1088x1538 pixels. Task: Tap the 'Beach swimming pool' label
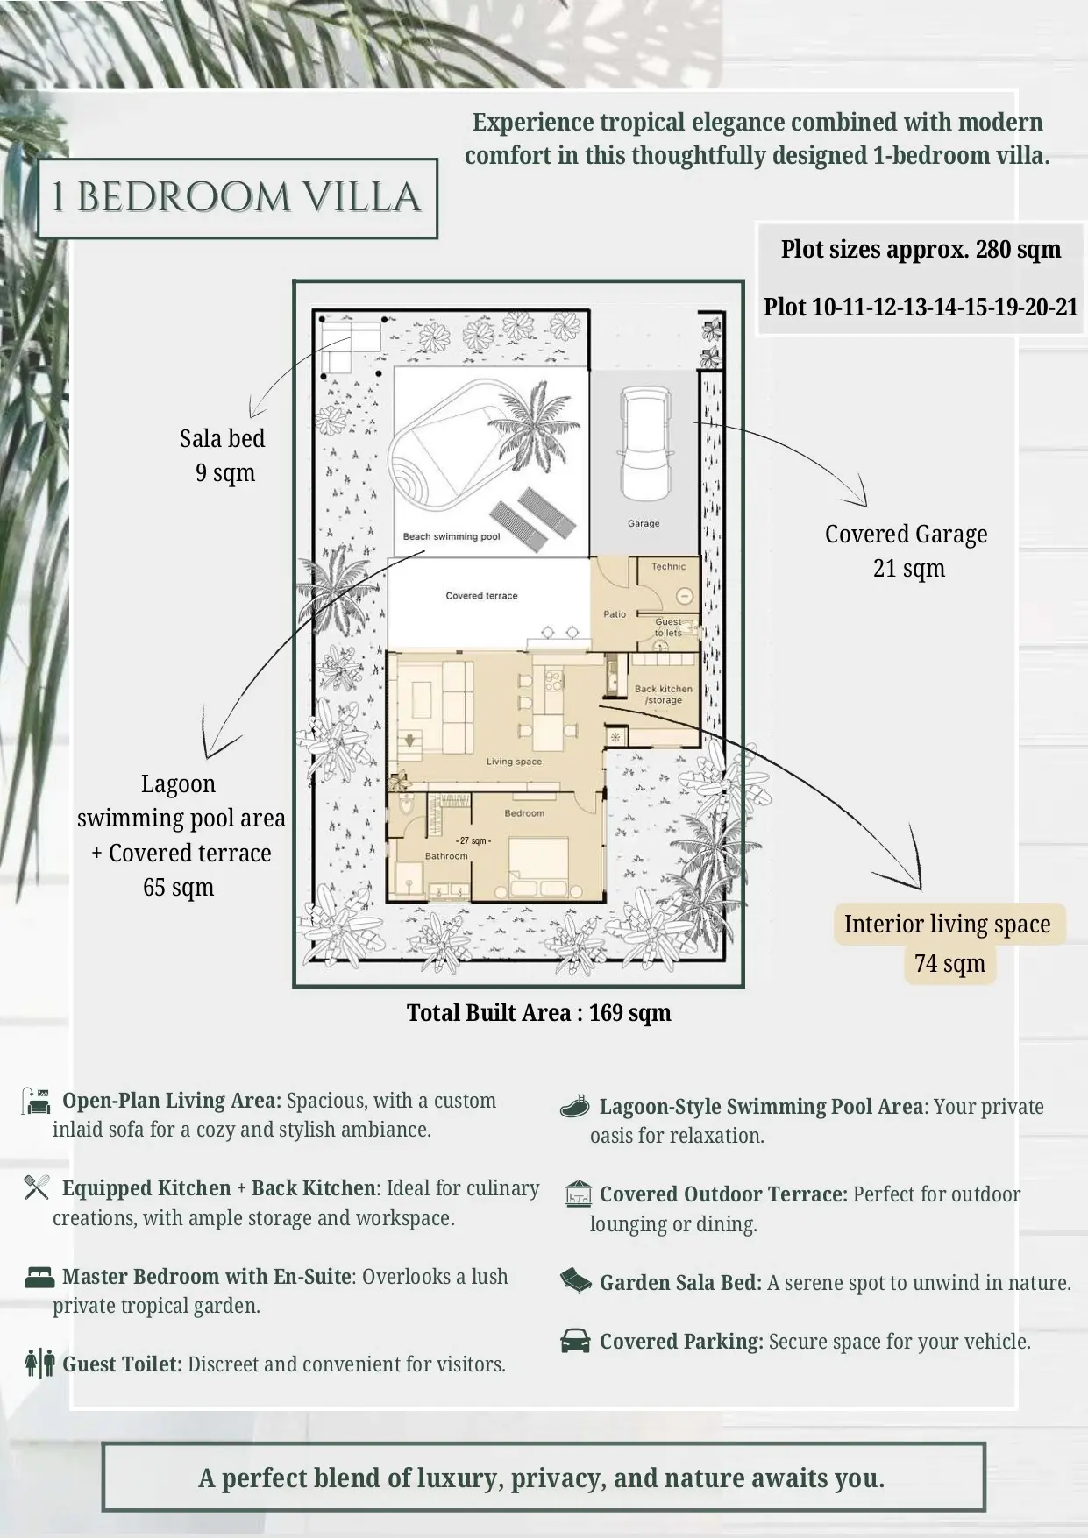pos(452,536)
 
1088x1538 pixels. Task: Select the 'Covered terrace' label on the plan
pos(481,596)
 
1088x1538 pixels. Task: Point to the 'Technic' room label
pos(668,567)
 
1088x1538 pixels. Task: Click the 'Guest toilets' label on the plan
pos(668,627)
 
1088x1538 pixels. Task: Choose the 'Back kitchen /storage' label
pos(664,695)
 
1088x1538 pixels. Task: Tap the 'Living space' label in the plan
pos(515,762)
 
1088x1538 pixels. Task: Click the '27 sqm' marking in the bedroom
pos(474,841)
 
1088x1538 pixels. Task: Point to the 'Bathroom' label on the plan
pos(446,856)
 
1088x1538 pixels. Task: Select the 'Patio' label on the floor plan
pos(615,614)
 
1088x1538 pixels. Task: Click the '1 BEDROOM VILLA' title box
pos(238,198)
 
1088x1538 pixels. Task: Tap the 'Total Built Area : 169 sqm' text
pos(538,1013)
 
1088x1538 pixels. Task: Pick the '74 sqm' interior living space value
pos(949,963)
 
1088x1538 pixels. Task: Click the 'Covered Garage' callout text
pos(906,534)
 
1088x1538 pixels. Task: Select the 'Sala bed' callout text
pos(222,438)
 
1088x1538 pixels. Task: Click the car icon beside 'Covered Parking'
pos(575,1341)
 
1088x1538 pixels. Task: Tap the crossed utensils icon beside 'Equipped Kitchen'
pos(37,1187)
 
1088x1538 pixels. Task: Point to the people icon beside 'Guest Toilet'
pos(40,1364)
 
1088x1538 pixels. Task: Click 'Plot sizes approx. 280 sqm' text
pos(921,250)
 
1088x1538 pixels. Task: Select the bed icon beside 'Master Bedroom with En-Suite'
pos(39,1277)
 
